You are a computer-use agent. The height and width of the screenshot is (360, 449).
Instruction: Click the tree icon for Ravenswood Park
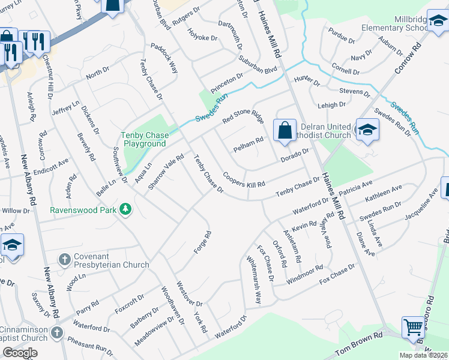[x=125, y=209]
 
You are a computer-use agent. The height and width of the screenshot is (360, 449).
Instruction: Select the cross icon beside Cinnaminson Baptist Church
[x=56, y=332]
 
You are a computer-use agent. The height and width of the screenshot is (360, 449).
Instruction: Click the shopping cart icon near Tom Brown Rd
[x=414, y=328]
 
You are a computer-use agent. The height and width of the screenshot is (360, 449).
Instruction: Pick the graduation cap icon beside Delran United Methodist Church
[x=366, y=130]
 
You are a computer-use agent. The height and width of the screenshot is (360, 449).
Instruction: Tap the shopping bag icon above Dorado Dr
[x=285, y=130]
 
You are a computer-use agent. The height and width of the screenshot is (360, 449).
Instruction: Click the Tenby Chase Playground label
[x=144, y=139]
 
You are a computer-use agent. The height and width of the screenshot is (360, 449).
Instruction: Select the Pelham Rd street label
[x=248, y=144]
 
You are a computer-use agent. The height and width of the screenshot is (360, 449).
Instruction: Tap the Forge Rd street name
[x=202, y=243]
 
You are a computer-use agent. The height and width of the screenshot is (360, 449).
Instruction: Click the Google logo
[x=20, y=352]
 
